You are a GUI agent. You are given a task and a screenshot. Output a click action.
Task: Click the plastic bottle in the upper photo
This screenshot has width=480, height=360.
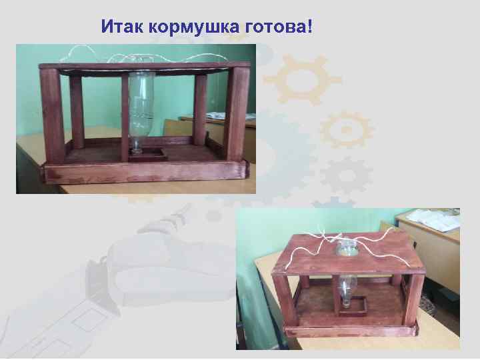[142, 107]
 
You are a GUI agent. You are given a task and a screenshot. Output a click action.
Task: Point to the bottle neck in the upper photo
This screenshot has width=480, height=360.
[137, 143]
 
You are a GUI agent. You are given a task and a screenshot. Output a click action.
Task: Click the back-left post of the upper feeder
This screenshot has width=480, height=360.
[77, 111]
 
